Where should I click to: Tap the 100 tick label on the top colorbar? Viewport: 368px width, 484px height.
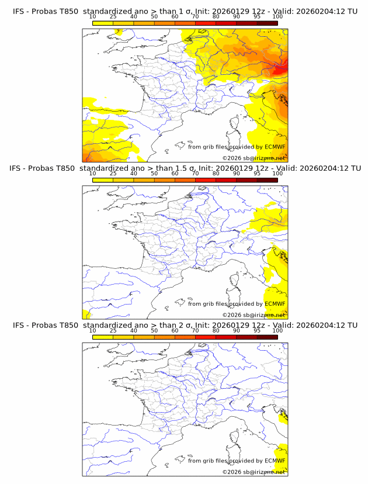(277, 16)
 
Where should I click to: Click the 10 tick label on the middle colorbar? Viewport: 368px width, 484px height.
(92, 174)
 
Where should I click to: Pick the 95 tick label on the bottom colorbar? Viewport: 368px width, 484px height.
(257, 330)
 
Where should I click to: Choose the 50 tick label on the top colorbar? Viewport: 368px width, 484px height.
(154, 16)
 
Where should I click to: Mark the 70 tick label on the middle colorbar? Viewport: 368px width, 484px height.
(195, 174)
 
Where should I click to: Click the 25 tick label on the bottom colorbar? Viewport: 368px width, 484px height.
(113, 330)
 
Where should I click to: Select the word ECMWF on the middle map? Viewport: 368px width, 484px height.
(275, 304)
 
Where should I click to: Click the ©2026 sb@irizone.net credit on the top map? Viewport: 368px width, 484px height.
(254, 158)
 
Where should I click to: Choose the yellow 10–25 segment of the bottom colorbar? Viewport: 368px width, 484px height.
(102, 337)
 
